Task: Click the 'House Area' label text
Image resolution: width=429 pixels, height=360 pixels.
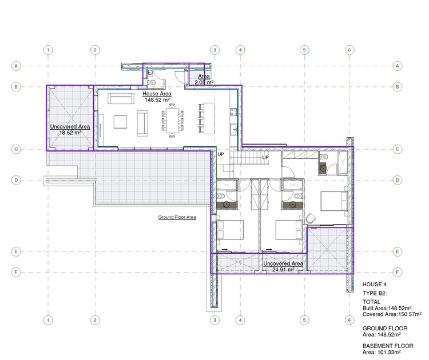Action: [157, 93]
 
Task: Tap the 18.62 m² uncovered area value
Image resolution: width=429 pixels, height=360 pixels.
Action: [70, 133]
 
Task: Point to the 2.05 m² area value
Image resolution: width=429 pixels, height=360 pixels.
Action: [204, 83]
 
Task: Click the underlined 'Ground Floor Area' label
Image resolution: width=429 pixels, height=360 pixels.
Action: [177, 218]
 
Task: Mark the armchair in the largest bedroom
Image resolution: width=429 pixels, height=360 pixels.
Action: [312, 218]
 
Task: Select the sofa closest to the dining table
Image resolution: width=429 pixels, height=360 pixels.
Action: [142, 122]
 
